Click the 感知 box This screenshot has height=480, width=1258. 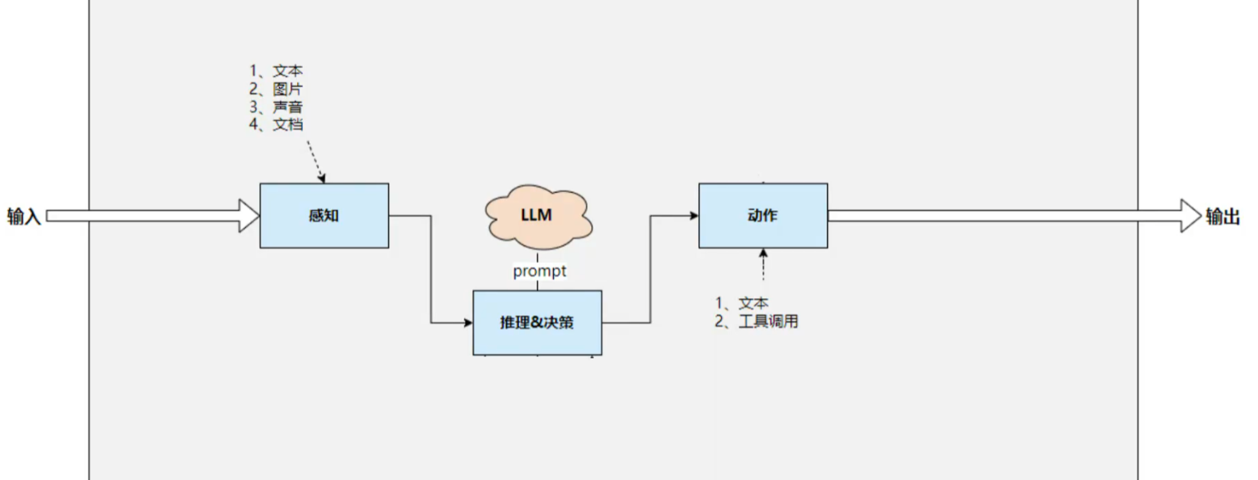point(323,215)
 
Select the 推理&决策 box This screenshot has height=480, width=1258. point(536,322)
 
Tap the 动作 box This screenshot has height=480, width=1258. point(762,215)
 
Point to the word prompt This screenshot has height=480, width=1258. point(539,272)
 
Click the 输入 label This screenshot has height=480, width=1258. point(23,216)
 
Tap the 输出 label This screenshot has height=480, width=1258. point(1222,216)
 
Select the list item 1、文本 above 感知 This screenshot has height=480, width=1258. point(276,72)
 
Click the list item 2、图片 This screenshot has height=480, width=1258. point(276,89)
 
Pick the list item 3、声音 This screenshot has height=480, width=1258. point(276,107)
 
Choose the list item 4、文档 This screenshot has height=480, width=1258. point(276,124)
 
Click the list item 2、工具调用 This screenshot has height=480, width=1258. point(757,321)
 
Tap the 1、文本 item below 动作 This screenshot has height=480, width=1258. point(742,303)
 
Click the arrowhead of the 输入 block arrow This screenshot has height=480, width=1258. point(249,215)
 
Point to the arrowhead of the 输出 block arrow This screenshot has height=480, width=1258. point(1190,215)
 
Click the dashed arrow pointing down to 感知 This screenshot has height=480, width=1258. point(315,161)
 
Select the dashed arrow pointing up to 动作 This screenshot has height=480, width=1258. point(764,265)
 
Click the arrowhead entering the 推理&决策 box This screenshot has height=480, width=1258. point(468,322)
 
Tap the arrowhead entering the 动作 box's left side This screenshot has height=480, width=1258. point(694,215)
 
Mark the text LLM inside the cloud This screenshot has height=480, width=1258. point(536,215)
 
